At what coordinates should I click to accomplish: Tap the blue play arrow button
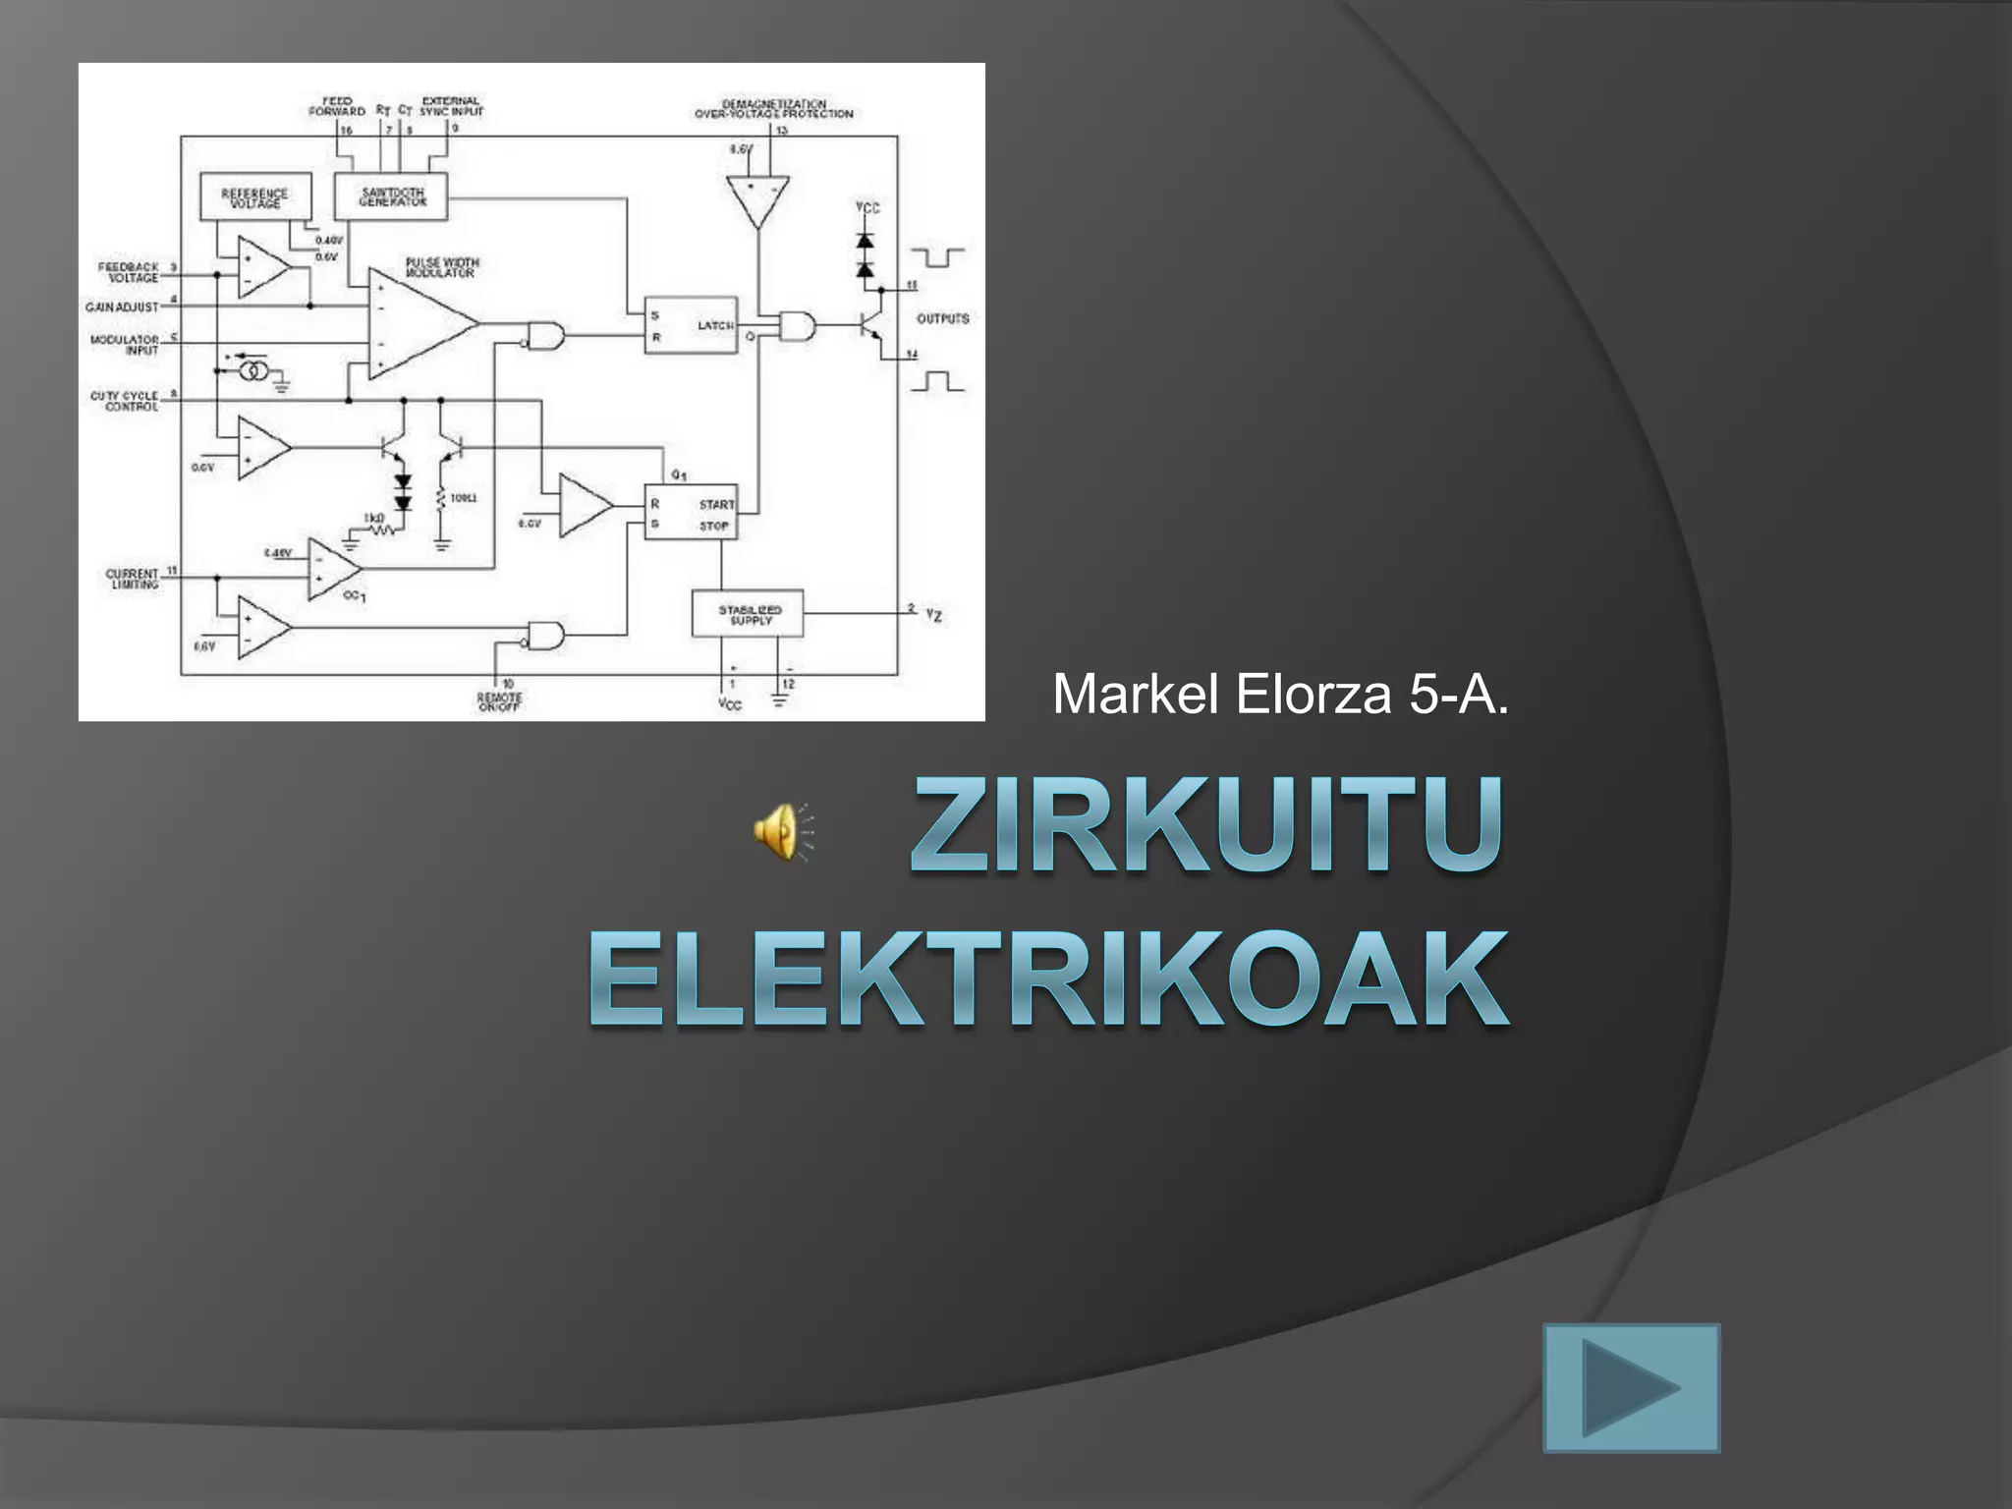pyautogui.click(x=1631, y=1387)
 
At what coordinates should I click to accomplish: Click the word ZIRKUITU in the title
pyautogui.click(x=1206, y=824)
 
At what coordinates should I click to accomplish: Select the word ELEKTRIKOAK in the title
pyautogui.click(x=1048, y=979)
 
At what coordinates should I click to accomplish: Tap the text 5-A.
pyautogui.click(x=1458, y=695)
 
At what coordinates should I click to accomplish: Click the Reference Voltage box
pyautogui.click(x=255, y=197)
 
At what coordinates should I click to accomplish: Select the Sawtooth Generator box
pyautogui.click(x=392, y=196)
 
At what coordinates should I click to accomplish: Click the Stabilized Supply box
pyautogui.click(x=748, y=614)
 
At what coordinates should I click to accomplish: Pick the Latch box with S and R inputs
pyautogui.click(x=691, y=325)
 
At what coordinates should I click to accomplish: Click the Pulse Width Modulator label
pyautogui.click(x=442, y=267)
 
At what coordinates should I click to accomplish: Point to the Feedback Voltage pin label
pyautogui.click(x=129, y=272)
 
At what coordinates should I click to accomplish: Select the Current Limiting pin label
pyautogui.click(x=133, y=579)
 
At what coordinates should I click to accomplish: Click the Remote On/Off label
pyautogui.click(x=499, y=701)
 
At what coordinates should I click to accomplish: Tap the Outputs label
pyautogui.click(x=942, y=318)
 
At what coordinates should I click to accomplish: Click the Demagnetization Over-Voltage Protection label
pyautogui.click(x=773, y=108)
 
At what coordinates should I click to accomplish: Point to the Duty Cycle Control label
pyautogui.click(x=125, y=401)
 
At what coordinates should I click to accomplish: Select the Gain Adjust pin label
pyautogui.click(x=122, y=307)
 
